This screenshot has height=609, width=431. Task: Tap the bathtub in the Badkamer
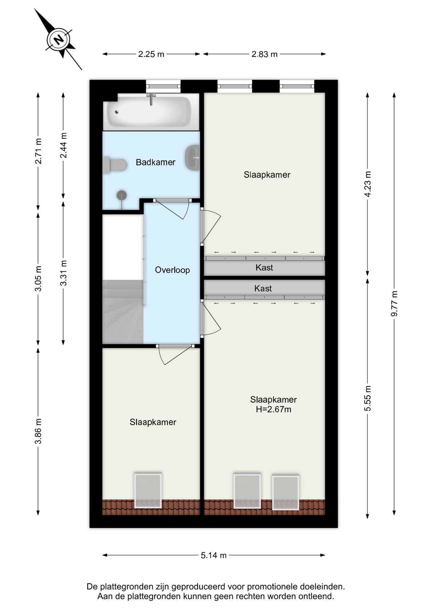[149, 112]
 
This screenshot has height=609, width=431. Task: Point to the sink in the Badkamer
[192, 158]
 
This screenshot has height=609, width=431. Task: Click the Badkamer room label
[156, 162]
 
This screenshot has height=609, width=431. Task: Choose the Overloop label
[172, 270]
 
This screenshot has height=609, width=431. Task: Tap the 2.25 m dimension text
[151, 54]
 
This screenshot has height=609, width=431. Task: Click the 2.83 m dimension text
[264, 54]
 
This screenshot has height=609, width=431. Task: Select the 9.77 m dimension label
[394, 304]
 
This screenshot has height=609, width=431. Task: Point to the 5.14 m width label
[214, 555]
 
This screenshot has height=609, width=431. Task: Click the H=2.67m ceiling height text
[274, 409]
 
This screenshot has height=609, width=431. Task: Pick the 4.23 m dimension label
[368, 184]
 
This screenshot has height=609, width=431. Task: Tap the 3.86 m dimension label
[38, 431]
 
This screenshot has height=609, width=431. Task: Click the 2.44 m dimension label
[63, 145]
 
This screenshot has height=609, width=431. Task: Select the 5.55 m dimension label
[368, 398]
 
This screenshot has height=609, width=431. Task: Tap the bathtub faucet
[151, 99]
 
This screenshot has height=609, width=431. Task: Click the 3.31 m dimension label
[63, 273]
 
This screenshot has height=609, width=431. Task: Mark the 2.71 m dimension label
[38, 151]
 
